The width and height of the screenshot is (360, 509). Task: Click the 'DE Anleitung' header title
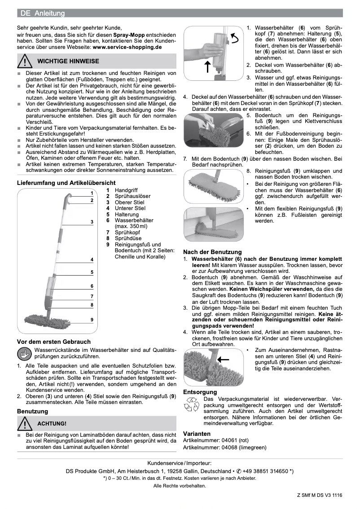43,13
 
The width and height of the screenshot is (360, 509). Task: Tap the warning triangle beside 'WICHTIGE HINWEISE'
26,61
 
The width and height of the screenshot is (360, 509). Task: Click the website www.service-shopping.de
127,47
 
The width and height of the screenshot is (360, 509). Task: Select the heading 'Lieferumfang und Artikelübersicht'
66,183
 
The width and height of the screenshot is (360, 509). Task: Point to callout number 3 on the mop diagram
92,222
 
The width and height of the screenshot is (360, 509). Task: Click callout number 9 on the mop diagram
92,319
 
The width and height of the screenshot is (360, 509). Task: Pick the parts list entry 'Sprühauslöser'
132,197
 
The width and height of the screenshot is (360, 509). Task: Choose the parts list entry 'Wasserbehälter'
134,220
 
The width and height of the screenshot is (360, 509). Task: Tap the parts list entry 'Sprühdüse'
128,238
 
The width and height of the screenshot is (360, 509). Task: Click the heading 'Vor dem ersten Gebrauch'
54,342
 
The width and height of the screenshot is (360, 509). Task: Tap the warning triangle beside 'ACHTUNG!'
26,423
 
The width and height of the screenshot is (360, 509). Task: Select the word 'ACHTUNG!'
52,423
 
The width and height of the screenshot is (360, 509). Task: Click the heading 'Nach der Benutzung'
212,252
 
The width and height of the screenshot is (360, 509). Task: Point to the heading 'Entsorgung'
200,392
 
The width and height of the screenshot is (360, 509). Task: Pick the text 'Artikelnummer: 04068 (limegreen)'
225,448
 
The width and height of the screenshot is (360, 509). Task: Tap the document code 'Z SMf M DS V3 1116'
319,495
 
